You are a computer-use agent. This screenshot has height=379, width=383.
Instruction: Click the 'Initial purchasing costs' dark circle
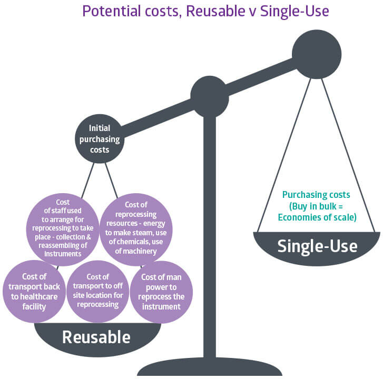tap(100, 138)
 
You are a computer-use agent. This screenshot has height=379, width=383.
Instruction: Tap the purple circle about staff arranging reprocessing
tap(63, 230)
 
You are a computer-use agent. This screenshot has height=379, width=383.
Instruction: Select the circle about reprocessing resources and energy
tap(136, 230)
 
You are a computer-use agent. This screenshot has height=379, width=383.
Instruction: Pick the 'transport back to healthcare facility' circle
tap(34, 292)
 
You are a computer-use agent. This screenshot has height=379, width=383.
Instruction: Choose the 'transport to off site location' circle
tap(97, 292)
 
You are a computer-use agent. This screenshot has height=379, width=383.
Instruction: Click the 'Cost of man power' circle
tap(161, 292)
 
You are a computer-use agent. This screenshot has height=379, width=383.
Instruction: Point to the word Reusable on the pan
tap(96, 337)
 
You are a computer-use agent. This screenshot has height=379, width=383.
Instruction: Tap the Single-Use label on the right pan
tap(317, 246)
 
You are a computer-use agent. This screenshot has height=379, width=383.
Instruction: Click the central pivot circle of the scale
tap(210, 95)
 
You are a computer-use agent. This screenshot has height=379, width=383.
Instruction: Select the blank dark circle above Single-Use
tap(317, 54)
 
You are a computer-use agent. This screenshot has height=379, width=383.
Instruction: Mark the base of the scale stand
tap(210, 367)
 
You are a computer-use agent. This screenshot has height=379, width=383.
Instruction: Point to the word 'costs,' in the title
tap(163, 12)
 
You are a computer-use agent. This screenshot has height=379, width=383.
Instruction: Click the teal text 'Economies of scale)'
tap(317, 217)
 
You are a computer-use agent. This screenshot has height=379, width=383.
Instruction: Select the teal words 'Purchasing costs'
tap(316, 195)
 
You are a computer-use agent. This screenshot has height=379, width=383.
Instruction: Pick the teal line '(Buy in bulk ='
tap(316, 206)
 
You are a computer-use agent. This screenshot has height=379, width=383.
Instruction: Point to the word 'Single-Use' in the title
tap(294, 12)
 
